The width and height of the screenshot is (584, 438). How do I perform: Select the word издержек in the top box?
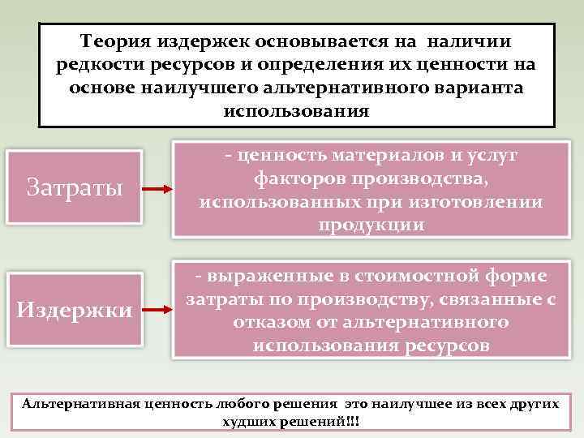(x=213, y=41)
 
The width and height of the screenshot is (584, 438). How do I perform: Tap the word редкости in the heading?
(x=98, y=64)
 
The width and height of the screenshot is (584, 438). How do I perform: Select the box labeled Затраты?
(x=75, y=187)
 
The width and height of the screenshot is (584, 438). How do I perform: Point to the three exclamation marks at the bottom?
(x=354, y=423)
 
